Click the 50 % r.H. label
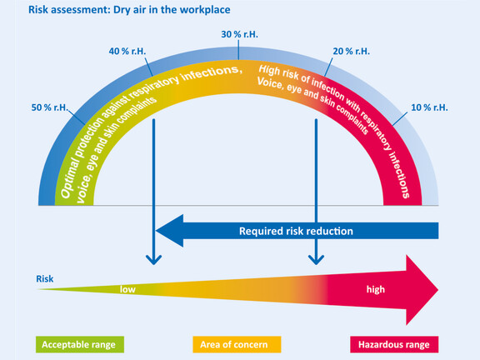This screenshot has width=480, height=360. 49,107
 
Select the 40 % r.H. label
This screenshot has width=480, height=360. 127,51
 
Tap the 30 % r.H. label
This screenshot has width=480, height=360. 240,34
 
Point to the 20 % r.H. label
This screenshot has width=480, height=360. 352,51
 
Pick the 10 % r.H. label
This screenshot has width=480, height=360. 429,107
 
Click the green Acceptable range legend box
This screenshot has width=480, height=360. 80,344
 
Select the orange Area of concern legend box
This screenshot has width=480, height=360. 237,344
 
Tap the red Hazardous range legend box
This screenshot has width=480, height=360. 394,344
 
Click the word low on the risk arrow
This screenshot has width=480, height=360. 127,289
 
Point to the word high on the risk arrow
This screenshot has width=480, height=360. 376,290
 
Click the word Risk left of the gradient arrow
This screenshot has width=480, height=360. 45,279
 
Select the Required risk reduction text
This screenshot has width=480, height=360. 296,231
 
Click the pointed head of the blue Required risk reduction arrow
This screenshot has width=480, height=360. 157,231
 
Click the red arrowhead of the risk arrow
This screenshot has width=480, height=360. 437,290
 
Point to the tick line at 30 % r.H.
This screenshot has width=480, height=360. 238,50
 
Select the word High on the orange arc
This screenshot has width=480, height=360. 269,70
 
